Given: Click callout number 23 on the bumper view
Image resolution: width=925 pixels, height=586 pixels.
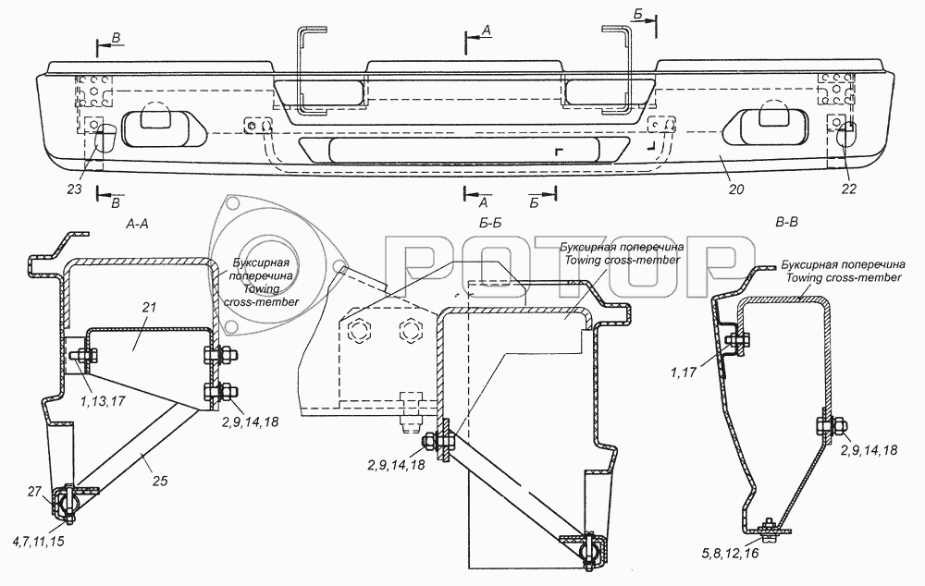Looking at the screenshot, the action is tap(74, 189).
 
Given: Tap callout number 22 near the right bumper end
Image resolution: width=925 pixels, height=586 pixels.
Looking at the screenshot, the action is tap(848, 189).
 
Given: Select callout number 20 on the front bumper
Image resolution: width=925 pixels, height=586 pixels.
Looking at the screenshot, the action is tap(736, 189).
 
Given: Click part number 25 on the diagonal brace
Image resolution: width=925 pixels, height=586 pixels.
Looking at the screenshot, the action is tap(160, 481).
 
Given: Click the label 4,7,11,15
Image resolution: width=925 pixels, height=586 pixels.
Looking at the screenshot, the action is tap(37, 541).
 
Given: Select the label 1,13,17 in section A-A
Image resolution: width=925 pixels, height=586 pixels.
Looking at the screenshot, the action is tap(102, 401).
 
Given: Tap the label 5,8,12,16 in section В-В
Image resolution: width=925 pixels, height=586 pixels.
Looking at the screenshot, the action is tap(732, 553).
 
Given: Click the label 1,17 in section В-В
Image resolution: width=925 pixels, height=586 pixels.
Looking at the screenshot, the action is tap(684, 372).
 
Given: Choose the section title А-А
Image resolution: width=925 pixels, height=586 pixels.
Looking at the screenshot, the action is tap(137, 223).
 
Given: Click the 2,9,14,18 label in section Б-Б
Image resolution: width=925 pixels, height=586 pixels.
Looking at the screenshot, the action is tap(396, 465).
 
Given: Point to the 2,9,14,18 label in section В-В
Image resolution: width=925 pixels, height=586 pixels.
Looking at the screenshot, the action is tap(869, 450).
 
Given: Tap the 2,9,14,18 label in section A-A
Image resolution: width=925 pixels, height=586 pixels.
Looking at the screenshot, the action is tap(250, 421).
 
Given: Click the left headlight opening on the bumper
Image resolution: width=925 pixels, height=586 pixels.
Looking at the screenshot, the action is tap(164, 126).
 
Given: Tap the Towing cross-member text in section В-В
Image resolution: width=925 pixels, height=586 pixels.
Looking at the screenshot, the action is tap(844, 277).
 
